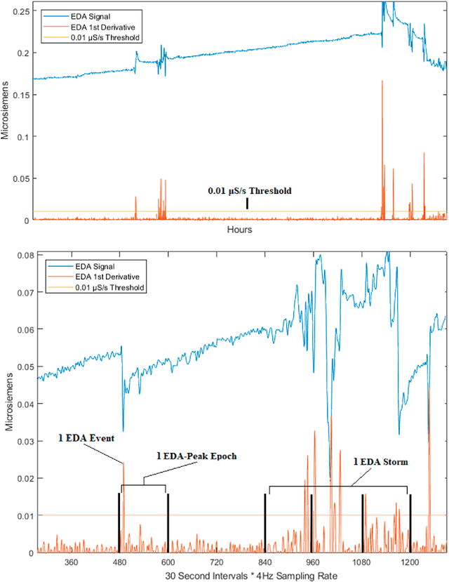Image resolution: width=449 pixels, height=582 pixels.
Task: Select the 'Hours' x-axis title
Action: coord(240,230)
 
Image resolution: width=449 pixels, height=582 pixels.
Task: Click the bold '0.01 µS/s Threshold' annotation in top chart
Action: coord(248,190)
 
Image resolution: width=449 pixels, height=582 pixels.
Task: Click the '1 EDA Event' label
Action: coord(86,438)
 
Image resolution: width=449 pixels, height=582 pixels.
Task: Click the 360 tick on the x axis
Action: coord(70,562)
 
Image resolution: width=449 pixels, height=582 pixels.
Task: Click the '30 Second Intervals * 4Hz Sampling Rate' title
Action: coord(240,575)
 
